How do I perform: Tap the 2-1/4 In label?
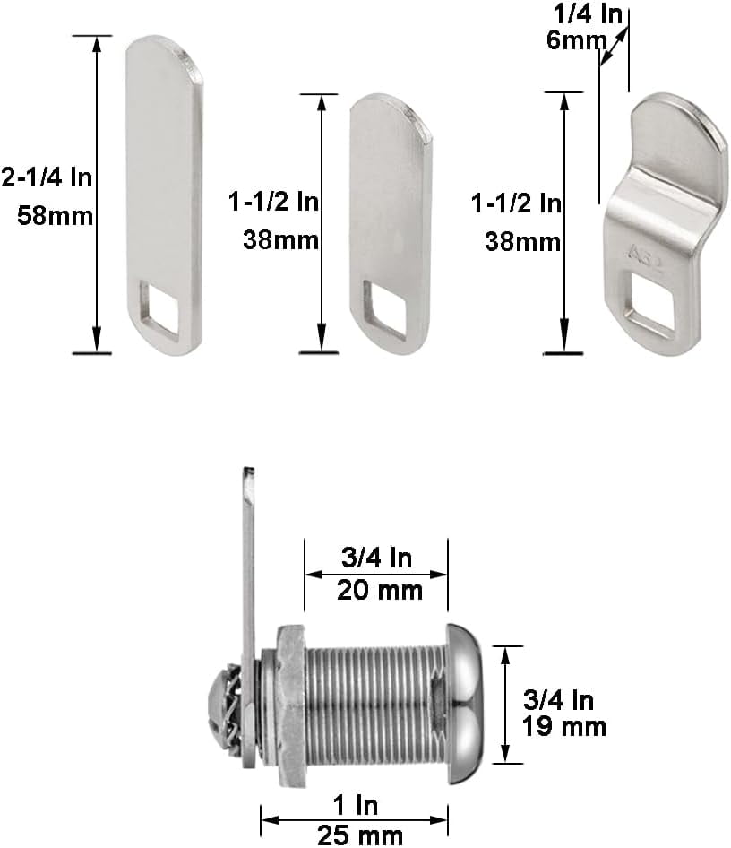47,177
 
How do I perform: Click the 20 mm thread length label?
376,591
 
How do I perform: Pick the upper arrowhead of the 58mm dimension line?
97,42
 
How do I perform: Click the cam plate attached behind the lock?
248,556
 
